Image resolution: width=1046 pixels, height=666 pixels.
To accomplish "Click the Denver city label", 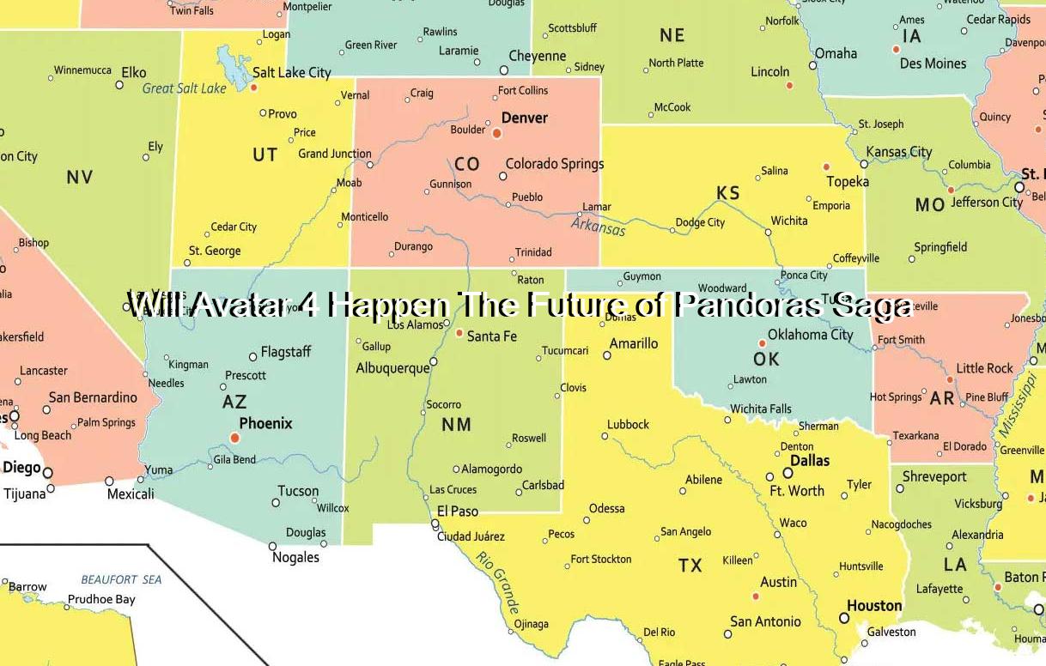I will pos(524,118).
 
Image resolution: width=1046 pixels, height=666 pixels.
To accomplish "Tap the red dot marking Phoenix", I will pos(235,438).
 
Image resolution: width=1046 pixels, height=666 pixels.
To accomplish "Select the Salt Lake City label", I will pos(291,73).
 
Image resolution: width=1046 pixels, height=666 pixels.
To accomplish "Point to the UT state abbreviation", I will pos(265,154).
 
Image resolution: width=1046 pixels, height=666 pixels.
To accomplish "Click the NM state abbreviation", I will pos(456,424).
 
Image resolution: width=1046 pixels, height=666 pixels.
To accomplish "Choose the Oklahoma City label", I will pos(810,335).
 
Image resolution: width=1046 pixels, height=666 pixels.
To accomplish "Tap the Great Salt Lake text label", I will pos(184,88).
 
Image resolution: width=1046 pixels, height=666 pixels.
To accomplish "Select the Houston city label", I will pos(874,606).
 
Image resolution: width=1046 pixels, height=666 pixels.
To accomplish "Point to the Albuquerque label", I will pos(392,368).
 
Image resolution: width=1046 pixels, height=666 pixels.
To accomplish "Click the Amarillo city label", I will pos(634,343).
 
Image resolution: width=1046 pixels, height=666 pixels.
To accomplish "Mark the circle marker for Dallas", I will pos(788,473).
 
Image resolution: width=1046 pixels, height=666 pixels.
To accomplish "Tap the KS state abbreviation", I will pos(727,193).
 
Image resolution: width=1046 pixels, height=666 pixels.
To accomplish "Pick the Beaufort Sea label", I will pos(121,579).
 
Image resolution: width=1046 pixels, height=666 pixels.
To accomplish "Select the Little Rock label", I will pos(984,368).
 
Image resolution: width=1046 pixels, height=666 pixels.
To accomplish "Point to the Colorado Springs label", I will pos(554,164).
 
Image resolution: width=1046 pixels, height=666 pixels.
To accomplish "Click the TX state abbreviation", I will pos(690,566).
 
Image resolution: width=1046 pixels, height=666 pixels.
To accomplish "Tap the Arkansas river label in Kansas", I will pos(599,227).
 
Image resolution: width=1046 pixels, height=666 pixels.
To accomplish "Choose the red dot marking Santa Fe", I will pos(459,333).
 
